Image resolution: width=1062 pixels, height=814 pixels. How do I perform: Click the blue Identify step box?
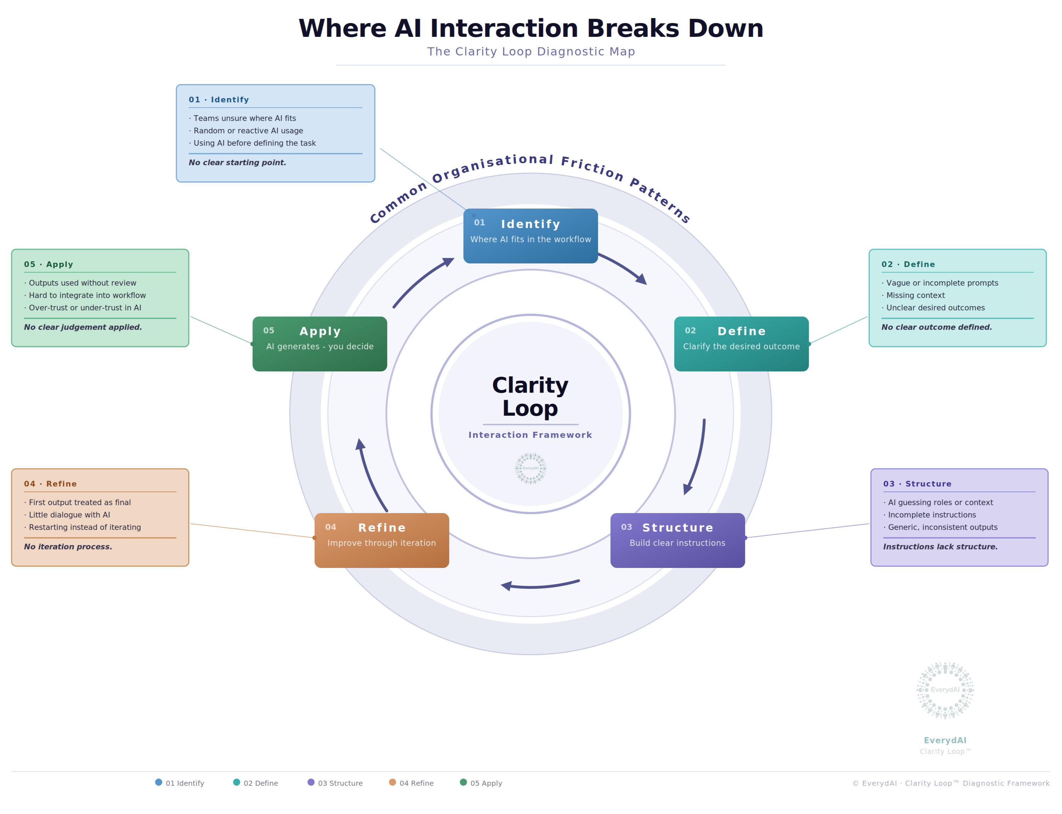click(x=530, y=236)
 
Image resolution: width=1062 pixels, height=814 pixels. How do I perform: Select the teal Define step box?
click(x=741, y=344)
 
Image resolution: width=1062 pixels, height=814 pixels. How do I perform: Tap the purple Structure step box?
click(x=678, y=540)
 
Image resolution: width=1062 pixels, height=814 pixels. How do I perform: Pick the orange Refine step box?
click(x=382, y=540)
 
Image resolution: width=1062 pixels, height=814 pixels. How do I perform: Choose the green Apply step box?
click(x=320, y=344)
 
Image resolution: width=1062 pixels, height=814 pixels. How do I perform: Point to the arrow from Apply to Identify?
click(x=422, y=281)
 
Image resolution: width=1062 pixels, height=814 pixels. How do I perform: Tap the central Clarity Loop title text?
click(x=530, y=396)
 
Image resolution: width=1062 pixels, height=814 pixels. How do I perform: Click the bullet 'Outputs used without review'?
click(x=83, y=283)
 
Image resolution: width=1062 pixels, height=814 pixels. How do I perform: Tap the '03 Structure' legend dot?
click(x=311, y=782)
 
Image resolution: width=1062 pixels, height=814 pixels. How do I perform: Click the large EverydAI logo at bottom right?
click(x=945, y=690)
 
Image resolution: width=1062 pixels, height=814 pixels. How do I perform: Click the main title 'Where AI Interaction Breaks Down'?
click(x=530, y=28)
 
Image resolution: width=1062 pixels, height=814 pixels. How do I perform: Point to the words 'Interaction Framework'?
click(x=530, y=435)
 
